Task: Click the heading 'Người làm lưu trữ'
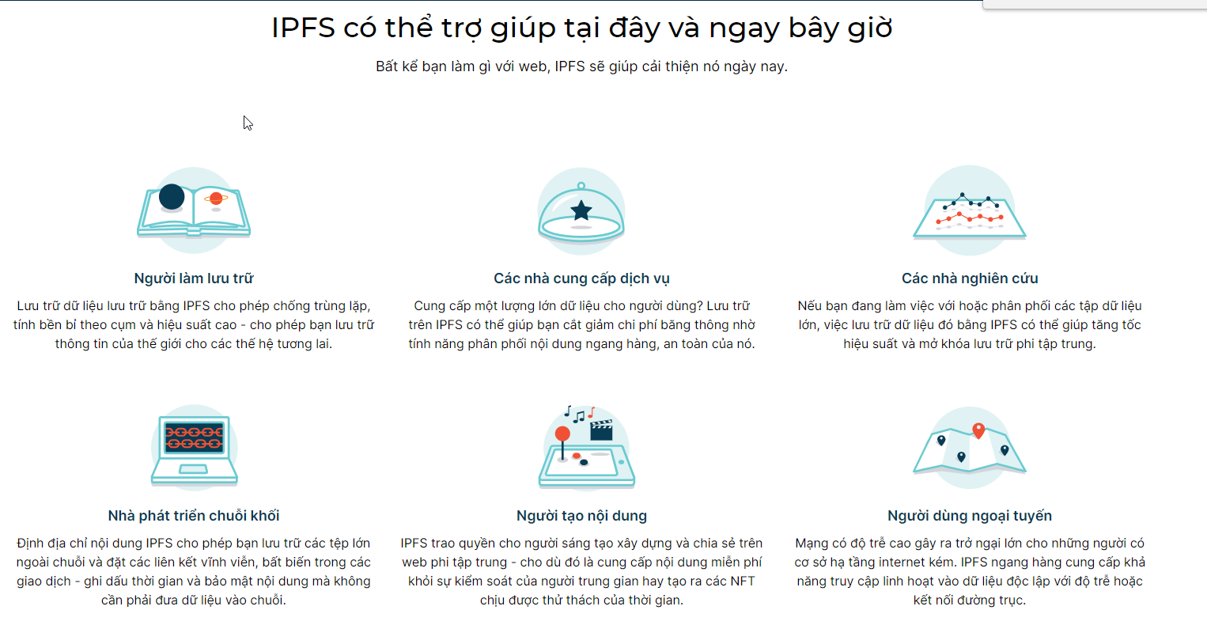pyautogui.click(x=194, y=278)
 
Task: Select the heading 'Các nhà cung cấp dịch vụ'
pyautogui.click(x=581, y=278)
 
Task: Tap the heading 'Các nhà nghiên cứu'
pyautogui.click(x=970, y=278)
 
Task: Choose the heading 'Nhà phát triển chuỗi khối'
pyautogui.click(x=194, y=515)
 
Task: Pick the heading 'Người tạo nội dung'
pyautogui.click(x=581, y=515)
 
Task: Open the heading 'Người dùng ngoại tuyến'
pyautogui.click(x=970, y=515)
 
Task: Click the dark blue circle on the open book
pyautogui.click(x=172, y=197)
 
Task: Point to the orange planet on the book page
pyautogui.click(x=216, y=199)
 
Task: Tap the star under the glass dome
pyautogui.click(x=581, y=210)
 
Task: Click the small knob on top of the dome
pyautogui.click(x=581, y=186)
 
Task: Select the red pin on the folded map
pyautogui.click(x=978, y=430)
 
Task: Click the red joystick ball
pyautogui.click(x=562, y=434)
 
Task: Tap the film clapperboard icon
pyautogui.click(x=601, y=430)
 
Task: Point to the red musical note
pyautogui.click(x=591, y=413)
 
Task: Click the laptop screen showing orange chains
pyautogui.click(x=194, y=437)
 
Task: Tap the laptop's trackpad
pyautogui.click(x=194, y=469)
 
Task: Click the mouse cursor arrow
pyautogui.click(x=248, y=123)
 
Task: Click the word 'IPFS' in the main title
pyautogui.click(x=303, y=27)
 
